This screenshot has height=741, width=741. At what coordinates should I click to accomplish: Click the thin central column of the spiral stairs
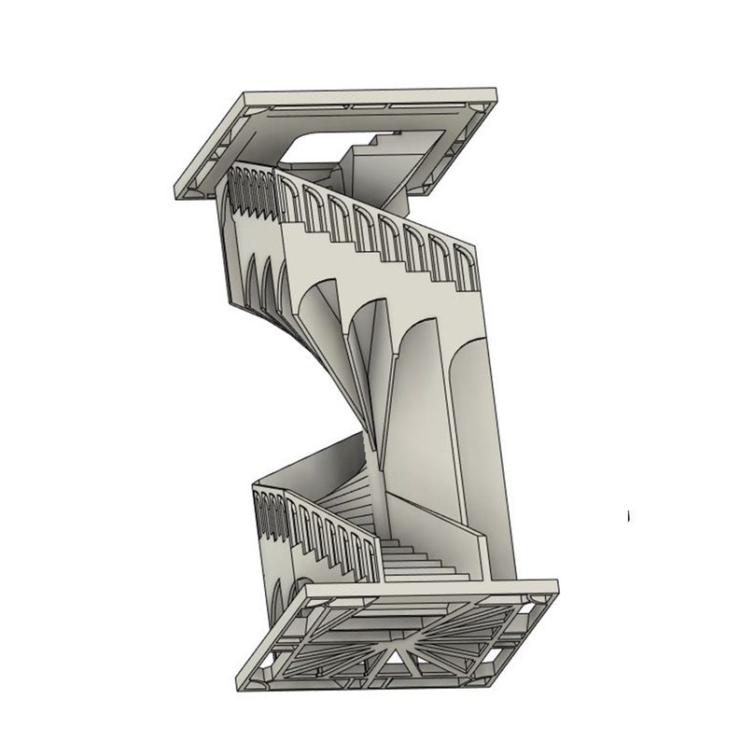[373, 420]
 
